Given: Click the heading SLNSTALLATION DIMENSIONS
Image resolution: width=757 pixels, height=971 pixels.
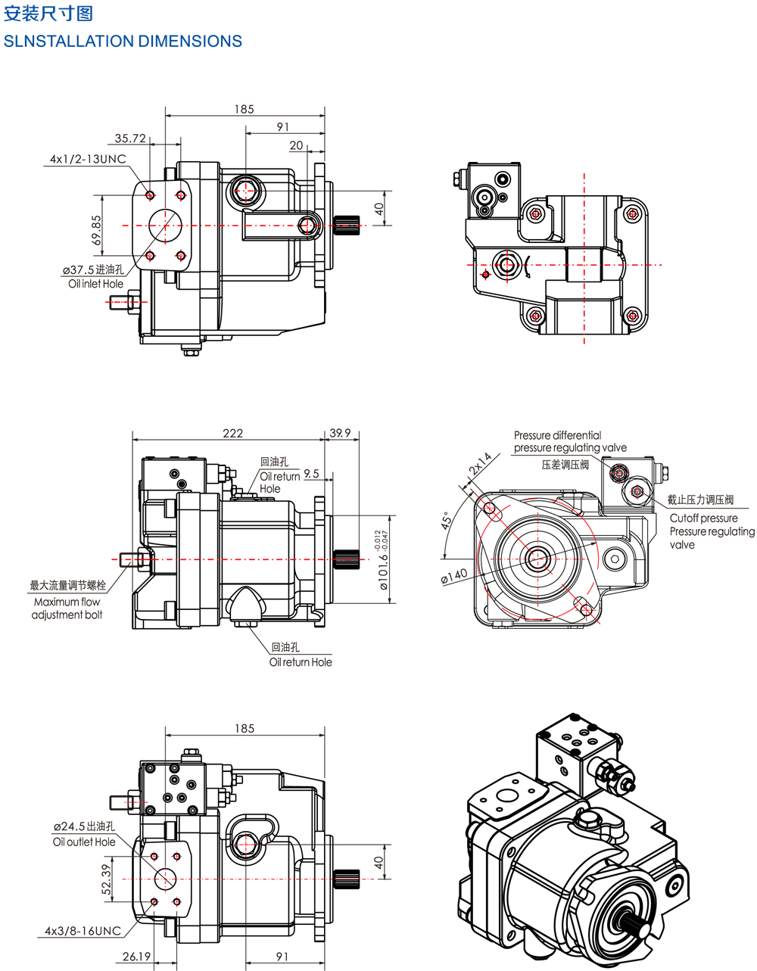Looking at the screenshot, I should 123,42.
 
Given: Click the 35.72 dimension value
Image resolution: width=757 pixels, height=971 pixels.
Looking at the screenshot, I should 130,138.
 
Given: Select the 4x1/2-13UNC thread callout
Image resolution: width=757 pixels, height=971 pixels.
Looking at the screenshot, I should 88,159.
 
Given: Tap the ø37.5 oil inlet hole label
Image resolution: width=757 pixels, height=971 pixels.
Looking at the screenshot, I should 92,269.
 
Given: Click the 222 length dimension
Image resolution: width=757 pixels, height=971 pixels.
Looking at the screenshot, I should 233,433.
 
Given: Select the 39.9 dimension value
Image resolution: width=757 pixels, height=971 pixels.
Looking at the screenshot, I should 341,433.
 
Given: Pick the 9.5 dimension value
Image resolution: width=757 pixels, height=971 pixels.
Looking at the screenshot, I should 311,474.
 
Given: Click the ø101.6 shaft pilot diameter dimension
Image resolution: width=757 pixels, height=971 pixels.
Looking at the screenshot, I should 383,561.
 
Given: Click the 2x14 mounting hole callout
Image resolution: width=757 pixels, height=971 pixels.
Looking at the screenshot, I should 480,463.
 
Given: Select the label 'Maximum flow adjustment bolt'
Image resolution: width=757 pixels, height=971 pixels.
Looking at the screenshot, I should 67,608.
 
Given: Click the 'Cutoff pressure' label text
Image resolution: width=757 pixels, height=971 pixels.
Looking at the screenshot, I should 703,518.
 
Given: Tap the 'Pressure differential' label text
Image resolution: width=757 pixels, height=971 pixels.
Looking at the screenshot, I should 557,435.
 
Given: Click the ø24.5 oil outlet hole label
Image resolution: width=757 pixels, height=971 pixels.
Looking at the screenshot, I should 84,826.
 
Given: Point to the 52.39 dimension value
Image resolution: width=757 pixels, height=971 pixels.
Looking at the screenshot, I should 106,879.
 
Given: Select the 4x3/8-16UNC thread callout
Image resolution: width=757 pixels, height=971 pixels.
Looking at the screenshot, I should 83,930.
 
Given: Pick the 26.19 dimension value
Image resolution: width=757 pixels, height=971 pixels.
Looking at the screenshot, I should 136,957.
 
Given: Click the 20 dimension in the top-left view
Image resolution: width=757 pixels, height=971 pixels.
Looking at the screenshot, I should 296,145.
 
